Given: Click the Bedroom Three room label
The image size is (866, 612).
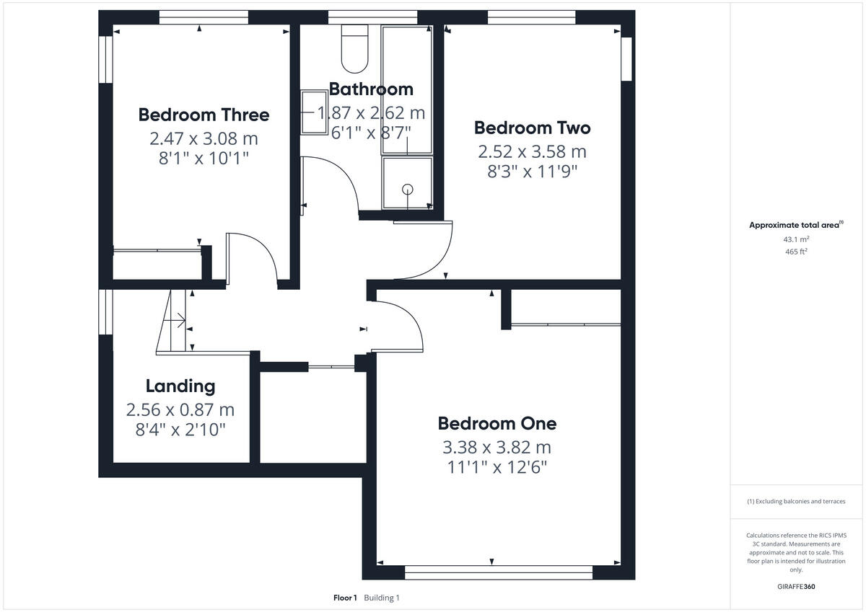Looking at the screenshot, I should [204, 115].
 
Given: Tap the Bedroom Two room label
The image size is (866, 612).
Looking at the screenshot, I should [532, 128].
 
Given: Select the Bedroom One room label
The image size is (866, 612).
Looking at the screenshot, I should [497, 423].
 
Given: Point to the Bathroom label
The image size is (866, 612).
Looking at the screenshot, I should [371, 89].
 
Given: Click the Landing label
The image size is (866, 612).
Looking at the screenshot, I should [180, 386].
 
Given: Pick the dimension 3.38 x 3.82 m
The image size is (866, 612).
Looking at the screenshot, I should [497, 447].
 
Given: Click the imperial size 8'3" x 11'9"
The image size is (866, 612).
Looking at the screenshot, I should [532, 172].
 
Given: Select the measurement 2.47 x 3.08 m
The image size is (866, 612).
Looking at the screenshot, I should [204, 138].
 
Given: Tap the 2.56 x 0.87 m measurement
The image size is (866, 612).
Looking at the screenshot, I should [180, 409].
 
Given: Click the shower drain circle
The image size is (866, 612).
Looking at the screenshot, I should [408, 189].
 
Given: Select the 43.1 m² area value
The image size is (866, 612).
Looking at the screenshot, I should [796, 239].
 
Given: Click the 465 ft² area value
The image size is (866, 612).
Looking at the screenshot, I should [796, 252].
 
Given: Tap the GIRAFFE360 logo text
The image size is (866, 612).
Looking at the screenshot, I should [796, 587].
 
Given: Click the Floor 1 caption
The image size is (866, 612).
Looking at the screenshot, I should [345, 598].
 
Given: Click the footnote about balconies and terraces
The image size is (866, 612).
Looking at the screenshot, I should [796, 501].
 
